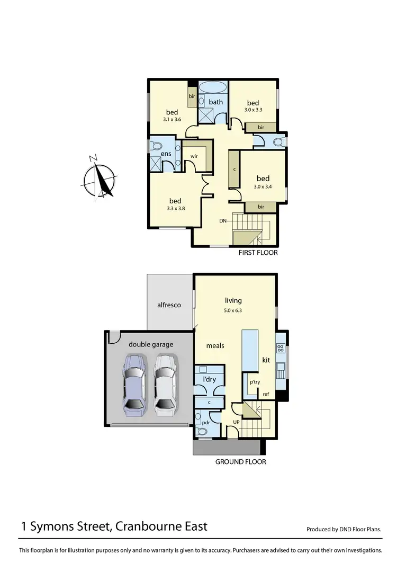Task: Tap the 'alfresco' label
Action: pyautogui.click(x=169, y=305)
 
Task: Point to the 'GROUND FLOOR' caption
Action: pyautogui.click(x=240, y=462)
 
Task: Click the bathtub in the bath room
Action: pyautogui.click(x=213, y=86)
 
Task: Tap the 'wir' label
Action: pyautogui.click(x=194, y=156)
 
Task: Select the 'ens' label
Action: pyautogui.click(x=165, y=154)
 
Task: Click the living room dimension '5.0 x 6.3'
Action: pyautogui.click(x=233, y=311)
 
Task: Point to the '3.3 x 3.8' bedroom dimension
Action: pyautogui.click(x=175, y=209)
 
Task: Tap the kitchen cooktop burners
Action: pyautogui.click(x=281, y=349)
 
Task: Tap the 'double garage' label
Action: pyautogui.click(x=151, y=344)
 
